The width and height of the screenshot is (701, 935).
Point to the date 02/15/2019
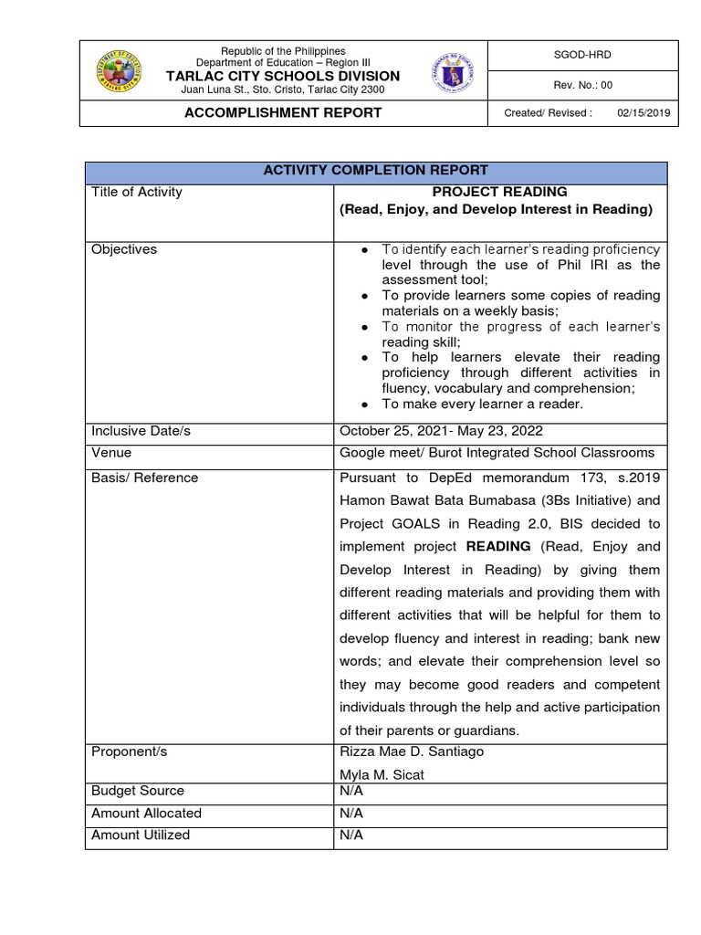(643, 113)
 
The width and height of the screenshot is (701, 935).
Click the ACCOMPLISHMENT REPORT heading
(283, 113)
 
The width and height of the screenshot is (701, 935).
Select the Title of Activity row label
(137, 192)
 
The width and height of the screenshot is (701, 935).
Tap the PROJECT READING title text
(499, 192)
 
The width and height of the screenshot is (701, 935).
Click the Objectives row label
(124, 249)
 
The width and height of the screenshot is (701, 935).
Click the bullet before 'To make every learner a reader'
(364, 404)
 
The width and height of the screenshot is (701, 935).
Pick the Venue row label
(111, 453)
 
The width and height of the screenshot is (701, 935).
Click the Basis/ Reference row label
(144, 478)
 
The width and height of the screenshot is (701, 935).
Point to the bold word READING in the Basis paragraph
(498, 546)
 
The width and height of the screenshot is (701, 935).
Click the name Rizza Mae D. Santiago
(412, 751)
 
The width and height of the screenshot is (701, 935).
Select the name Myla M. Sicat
(382, 775)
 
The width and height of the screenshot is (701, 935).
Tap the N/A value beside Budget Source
(351, 791)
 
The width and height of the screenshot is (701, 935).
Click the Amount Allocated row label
(146, 813)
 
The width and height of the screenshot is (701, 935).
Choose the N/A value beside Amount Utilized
(351, 835)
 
